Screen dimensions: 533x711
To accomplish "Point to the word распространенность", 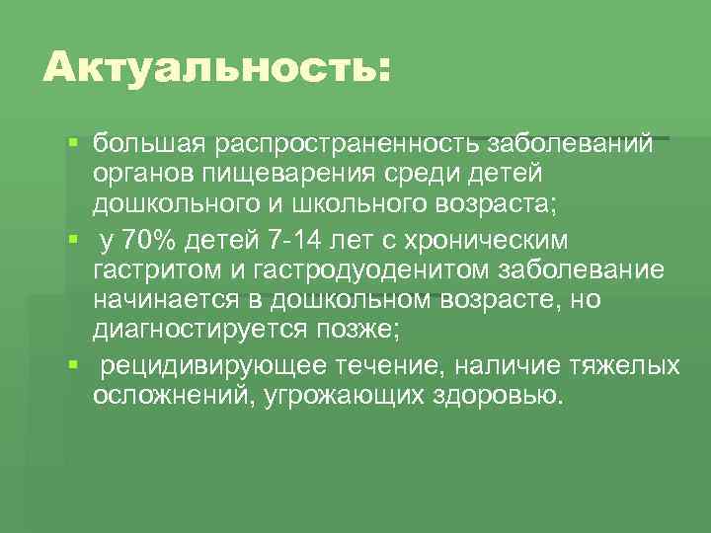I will pyautogui.click(x=343, y=145).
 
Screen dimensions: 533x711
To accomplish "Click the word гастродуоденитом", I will pyautogui.click(x=370, y=270).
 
